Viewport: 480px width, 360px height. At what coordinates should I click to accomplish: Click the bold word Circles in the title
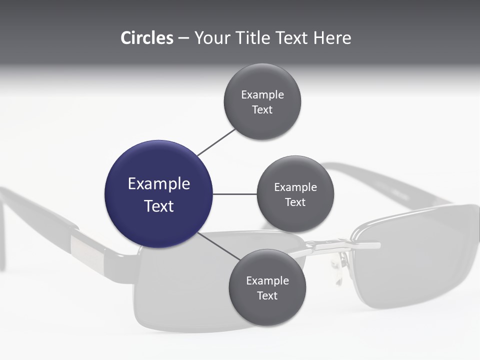[x=146, y=38]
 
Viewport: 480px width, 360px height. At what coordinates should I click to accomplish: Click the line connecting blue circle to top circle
[x=216, y=142]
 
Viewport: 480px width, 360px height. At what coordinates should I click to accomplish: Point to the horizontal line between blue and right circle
[x=235, y=194]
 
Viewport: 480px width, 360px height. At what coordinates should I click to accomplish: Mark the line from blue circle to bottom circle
[x=220, y=246]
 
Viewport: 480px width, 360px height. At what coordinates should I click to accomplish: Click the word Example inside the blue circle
[x=159, y=184]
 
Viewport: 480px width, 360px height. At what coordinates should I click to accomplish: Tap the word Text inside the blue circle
[x=159, y=206]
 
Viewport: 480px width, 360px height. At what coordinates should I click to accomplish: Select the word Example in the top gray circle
[x=262, y=94]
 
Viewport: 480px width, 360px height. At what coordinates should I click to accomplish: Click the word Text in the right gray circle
[x=295, y=202]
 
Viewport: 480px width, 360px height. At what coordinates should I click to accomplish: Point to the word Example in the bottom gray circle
[x=267, y=280]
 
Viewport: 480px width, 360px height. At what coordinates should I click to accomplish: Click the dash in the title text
[x=183, y=38]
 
